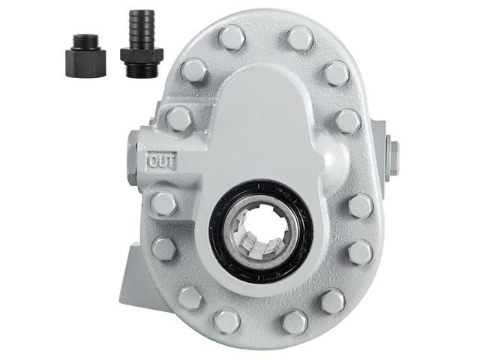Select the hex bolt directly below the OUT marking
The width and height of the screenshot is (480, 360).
(x=163, y=203)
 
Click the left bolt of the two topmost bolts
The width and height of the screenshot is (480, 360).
(x=232, y=37)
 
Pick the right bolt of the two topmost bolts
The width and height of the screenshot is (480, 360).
(x=299, y=37)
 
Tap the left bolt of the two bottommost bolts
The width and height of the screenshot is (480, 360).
(x=226, y=321)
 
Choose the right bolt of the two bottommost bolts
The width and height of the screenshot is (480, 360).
(x=295, y=322)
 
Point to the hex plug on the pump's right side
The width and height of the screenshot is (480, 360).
(x=392, y=157)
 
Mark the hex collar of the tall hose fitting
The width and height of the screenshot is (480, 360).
(x=140, y=54)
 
